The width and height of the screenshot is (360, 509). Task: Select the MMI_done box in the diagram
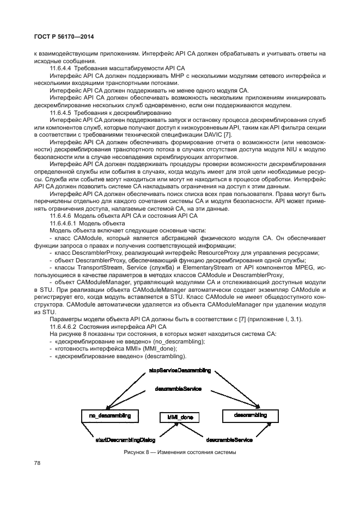pos(179,418)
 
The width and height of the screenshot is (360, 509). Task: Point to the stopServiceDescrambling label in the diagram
pos(180,370)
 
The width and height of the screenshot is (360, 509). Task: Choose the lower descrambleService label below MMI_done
pos(229,439)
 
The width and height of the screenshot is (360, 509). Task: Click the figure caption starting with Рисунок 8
pos(179,453)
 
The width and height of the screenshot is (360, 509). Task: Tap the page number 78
pos(38,463)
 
